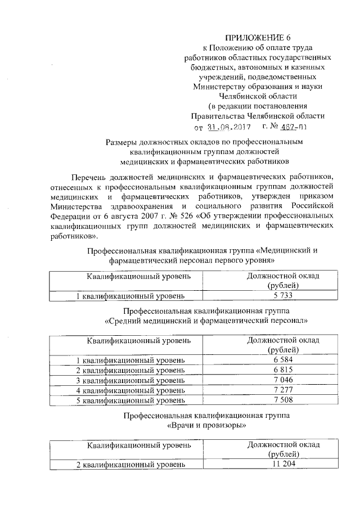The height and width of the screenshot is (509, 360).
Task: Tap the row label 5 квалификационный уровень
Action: pos(130,400)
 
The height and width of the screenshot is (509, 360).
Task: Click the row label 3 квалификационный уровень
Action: pos(130,380)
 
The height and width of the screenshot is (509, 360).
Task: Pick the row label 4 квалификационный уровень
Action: pos(130,390)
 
